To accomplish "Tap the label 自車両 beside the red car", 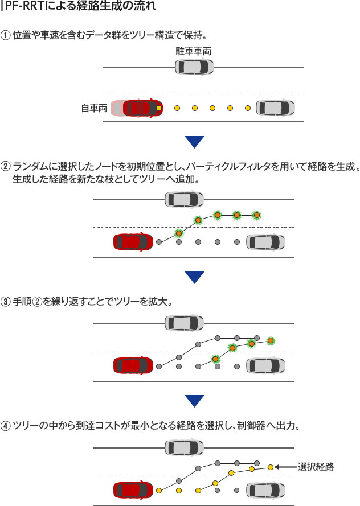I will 93,108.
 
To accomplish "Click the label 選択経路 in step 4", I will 315,467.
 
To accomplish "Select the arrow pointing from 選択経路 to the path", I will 285,467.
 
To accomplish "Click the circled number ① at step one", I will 6,34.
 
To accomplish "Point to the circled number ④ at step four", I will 6,426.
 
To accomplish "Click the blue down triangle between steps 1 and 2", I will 194,142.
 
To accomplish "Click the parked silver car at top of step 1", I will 194,67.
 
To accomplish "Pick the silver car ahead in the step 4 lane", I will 265,490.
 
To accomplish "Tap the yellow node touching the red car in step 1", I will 159,108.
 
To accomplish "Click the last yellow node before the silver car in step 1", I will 248,108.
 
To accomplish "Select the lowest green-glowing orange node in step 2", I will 179,232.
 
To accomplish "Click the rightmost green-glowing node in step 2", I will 256,215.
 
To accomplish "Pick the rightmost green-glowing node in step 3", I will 271,340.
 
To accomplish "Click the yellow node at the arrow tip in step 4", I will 271,467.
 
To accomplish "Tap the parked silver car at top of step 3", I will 184,323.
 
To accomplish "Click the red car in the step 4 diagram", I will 133,490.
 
